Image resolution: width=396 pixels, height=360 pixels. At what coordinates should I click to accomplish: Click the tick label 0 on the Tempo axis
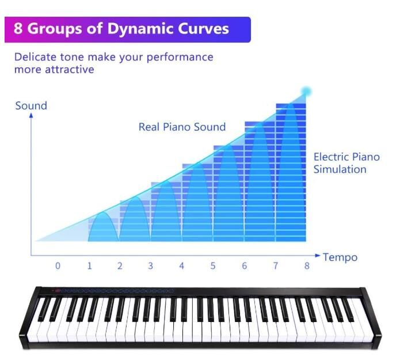coord(58,266)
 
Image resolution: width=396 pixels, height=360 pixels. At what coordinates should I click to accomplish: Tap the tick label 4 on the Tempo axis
coord(181,266)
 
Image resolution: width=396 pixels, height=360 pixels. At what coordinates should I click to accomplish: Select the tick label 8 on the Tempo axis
coord(307,266)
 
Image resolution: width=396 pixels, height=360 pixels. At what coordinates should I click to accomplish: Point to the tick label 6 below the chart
coord(244,266)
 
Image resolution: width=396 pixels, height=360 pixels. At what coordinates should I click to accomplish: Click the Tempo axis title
coord(340,257)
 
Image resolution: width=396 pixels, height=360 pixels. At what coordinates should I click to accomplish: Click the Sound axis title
coord(31,105)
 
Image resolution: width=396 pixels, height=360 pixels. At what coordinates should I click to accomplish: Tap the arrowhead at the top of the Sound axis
coord(31,115)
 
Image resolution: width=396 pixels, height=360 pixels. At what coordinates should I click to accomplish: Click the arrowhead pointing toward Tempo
coord(318,255)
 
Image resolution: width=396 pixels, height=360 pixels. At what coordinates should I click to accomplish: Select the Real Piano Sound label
coord(182,127)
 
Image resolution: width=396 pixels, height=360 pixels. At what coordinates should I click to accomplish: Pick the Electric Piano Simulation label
coord(346,163)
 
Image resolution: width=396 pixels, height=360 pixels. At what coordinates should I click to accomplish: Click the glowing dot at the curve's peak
coord(306,92)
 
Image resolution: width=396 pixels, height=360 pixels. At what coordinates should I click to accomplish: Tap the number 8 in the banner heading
coord(18,28)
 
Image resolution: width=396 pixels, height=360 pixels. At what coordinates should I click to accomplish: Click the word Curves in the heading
coord(204,28)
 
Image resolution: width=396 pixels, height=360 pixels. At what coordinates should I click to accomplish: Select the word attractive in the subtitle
coord(70,70)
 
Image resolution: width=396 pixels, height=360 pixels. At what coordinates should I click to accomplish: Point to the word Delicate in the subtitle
coord(35,57)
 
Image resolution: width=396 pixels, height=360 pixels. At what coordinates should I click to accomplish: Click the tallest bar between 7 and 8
coord(291,172)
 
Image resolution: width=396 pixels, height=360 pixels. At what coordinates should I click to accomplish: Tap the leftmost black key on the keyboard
coord(45,309)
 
